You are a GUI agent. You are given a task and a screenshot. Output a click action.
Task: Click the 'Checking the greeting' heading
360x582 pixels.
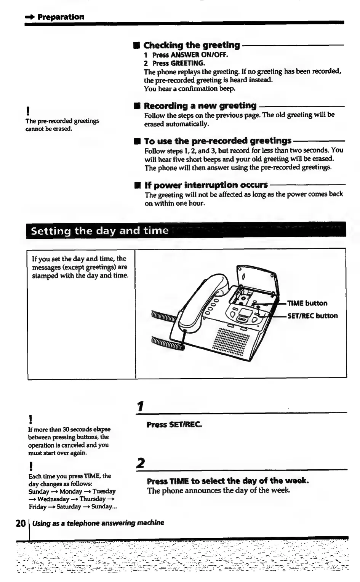(x=192, y=45)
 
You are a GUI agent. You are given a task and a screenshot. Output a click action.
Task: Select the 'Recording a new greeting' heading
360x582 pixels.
(x=200, y=106)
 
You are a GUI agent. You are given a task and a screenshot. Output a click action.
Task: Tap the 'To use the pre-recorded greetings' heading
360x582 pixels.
(x=218, y=141)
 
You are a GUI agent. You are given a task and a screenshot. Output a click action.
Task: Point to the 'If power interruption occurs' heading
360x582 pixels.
(x=206, y=185)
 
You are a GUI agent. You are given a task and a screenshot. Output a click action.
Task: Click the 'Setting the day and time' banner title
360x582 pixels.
(x=99, y=231)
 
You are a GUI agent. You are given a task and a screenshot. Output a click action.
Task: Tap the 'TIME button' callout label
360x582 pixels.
(x=307, y=303)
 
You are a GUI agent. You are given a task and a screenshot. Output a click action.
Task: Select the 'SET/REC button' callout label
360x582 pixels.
(x=312, y=316)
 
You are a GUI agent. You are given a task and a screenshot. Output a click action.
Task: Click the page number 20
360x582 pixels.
(x=21, y=523)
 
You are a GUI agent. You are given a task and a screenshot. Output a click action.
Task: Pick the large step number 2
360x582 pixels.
(x=141, y=463)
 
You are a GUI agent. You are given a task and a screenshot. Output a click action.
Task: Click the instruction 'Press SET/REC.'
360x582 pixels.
(x=174, y=424)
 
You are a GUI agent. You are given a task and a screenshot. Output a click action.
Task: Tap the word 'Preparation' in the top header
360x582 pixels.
(x=61, y=17)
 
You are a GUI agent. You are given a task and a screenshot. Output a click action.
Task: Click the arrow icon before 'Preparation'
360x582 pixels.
(x=30, y=17)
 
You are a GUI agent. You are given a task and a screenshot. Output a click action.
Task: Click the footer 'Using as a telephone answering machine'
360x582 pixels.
(x=98, y=523)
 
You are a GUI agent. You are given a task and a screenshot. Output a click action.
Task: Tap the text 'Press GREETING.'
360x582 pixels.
(x=179, y=63)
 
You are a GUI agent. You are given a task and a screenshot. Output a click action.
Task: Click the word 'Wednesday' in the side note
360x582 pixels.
(x=53, y=499)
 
